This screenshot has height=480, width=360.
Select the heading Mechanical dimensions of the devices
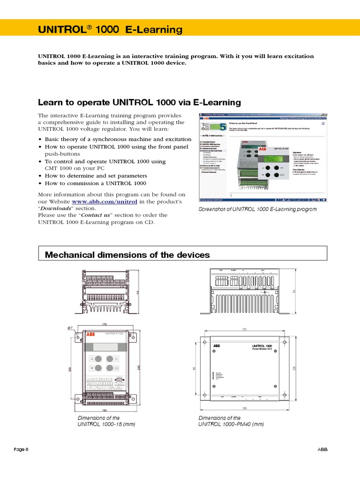coord(127,255)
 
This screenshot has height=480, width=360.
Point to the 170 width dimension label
coord(105,324)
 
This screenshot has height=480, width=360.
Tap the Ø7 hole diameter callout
coord(70,328)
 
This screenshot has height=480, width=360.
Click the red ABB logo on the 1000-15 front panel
coord(90,334)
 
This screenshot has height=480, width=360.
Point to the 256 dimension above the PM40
coord(244,329)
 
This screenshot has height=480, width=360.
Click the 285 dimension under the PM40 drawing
coord(244,408)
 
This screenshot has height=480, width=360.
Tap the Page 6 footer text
coord(21,450)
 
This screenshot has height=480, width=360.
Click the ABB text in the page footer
coord(322,450)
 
